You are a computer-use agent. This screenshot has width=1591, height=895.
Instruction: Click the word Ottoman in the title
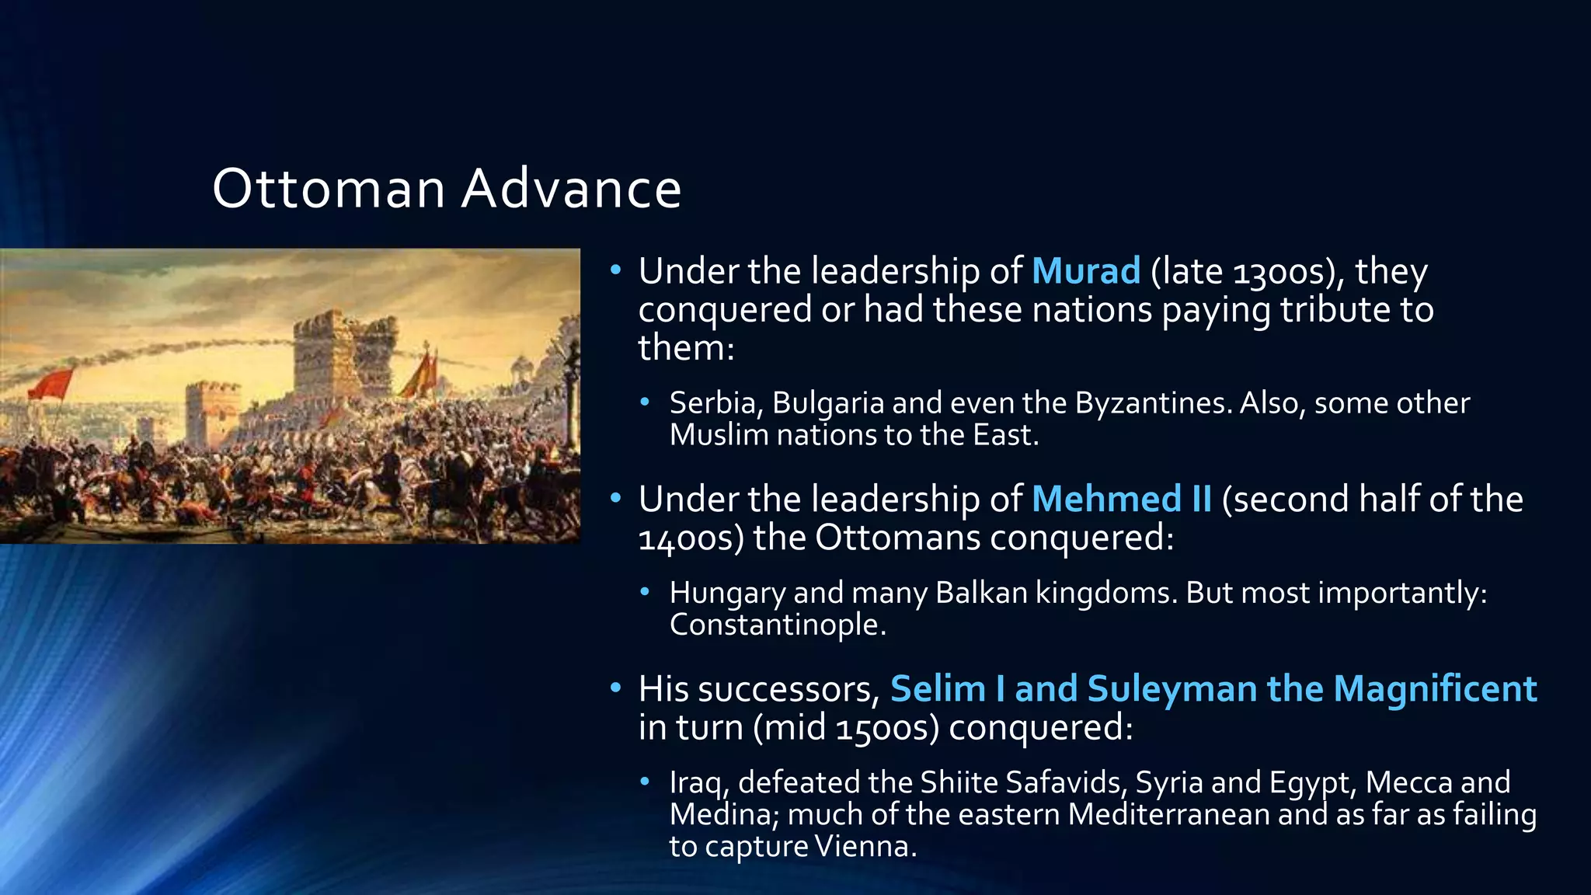pyautogui.click(x=329, y=189)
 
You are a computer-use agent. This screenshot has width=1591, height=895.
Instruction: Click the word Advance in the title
pyautogui.click(x=571, y=189)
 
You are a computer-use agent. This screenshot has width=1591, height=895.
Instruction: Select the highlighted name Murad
pyautogui.click(x=1086, y=271)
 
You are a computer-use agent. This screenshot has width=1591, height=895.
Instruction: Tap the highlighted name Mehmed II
pyautogui.click(x=1122, y=499)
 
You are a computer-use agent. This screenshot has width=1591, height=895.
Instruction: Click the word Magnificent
pyautogui.click(x=1435, y=689)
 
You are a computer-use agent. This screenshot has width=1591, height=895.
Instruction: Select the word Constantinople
pyautogui.click(x=777, y=625)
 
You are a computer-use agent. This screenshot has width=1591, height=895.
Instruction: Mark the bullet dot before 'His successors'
pyautogui.click(x=616, y=688)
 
